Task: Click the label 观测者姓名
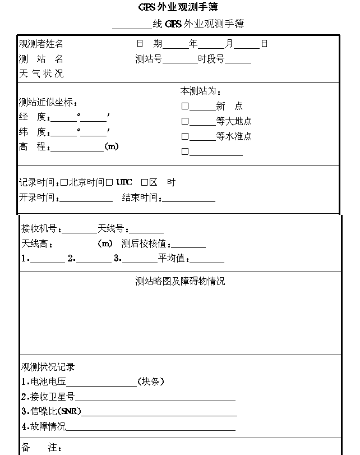(x=41, y=44)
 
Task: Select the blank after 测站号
(x=179, y=60)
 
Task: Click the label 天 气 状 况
(x=41, y=73)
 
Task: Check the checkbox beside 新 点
(x=184, y=106)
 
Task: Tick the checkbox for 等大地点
(x=184, y=121)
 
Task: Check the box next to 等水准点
(x=184, y=136)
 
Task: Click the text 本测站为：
(x=201, y=91)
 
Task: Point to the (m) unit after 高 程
(x=112, y=146)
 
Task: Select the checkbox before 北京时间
(x=64, y=182)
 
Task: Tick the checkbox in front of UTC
(x=109, y=182)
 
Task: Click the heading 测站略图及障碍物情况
(x=180, y=281)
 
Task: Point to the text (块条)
(x=151, y=382)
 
